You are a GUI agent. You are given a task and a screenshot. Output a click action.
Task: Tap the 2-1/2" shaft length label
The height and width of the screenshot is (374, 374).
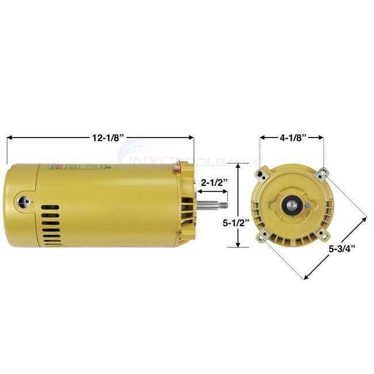[214, 182]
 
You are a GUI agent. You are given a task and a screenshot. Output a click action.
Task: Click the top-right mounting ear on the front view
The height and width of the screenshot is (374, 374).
[324, 171]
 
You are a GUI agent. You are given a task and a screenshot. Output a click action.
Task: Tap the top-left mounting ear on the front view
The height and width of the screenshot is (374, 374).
[265, 171]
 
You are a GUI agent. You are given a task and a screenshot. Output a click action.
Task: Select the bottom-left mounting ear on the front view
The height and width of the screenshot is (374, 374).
[264, 234]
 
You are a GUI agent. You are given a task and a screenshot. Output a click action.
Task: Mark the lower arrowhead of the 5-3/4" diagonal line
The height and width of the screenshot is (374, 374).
[306, 277]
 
